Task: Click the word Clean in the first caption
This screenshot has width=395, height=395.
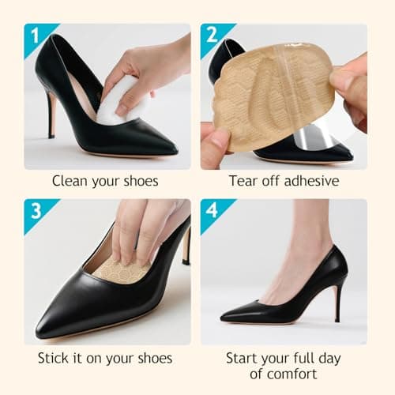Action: click(x=70, y=181)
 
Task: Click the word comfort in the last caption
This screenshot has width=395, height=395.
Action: click(x=294, y=374)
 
